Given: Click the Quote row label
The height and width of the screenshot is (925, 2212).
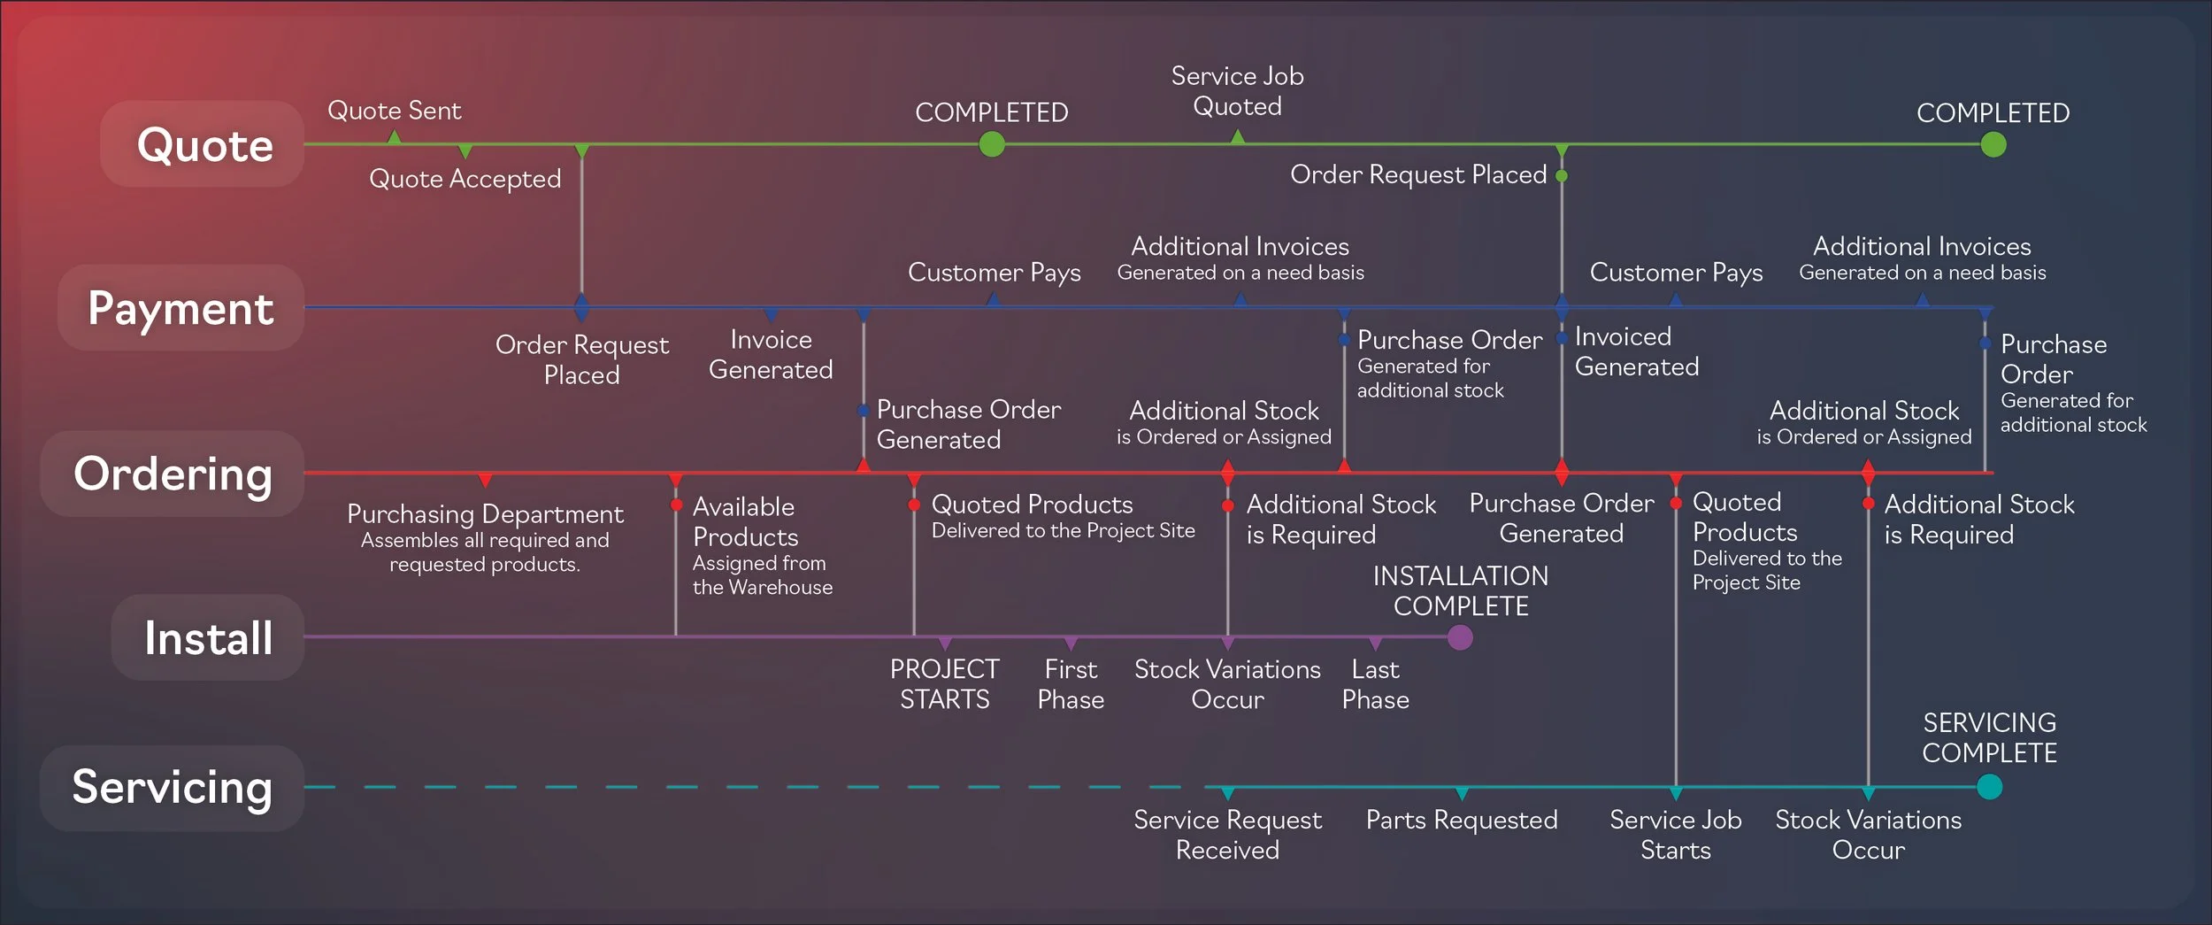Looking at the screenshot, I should (x=204, y=144).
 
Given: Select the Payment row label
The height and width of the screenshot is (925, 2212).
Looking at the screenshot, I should (x=181, y=308).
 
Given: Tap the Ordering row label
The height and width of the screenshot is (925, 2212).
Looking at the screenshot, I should (x=173, y=474).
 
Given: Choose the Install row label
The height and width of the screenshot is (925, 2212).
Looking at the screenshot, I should (x=209, y=637).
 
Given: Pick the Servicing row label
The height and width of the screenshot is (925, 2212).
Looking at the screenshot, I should (x=173, y=787).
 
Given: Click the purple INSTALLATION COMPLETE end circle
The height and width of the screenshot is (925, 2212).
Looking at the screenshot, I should (x=1460, y=637).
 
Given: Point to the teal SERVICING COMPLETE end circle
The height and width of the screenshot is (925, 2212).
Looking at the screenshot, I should (x=1989, y=787).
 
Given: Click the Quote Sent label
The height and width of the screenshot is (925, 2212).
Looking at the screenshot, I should (x=394, y=111).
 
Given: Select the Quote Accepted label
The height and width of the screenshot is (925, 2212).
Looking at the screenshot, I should (x=465, y=179).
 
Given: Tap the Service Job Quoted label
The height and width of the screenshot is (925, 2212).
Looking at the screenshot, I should (x=1237, y=91).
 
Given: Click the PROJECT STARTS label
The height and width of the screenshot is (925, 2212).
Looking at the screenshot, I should (x=944, y=684).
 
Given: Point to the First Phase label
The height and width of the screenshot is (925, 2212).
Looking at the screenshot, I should (x=1071, y=684).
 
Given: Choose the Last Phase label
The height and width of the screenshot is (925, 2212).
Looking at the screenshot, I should (x=1375, y=684).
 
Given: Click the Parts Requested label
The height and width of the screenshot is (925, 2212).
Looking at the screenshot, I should (x=1462, y=821).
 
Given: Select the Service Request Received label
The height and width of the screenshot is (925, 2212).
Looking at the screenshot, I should (x=1227, y=835).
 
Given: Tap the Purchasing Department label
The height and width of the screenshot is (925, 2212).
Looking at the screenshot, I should (x=485, y=514).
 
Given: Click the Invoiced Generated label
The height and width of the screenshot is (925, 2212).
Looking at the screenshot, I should (x=1636, y=351).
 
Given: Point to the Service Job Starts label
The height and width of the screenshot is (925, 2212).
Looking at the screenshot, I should (x=1675, y=835).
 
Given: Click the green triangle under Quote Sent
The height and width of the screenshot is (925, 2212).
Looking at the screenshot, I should (x=395, y=137).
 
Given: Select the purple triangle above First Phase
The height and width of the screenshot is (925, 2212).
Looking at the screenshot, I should (x=1071, y=644).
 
